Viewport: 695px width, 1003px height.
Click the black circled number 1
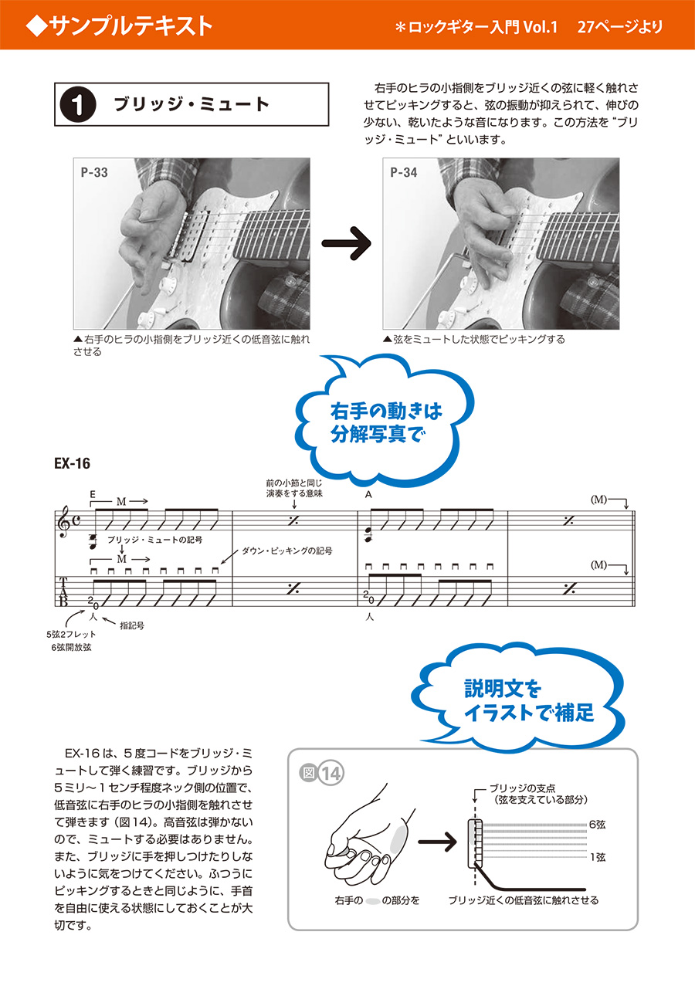(x=82, y=105)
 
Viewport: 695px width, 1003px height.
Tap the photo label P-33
(x=94, y=173)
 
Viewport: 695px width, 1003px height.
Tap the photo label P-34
(x=404, y=173)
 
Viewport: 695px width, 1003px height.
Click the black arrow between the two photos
(x=346, y=246)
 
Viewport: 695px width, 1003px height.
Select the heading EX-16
(x=73, y=464)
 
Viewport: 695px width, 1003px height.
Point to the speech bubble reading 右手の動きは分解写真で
(x=375, y=422)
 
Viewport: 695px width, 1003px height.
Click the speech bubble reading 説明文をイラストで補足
(x=529, y=700)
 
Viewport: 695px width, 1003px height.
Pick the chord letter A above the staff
(x=368, y=494)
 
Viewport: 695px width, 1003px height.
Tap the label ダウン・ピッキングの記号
(x=286, y=551)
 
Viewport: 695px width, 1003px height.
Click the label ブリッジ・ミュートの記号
(x=155, y=540)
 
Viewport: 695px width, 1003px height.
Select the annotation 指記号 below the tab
(x=132, y=625)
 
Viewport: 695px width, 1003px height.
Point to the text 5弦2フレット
(x=70, y=634)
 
